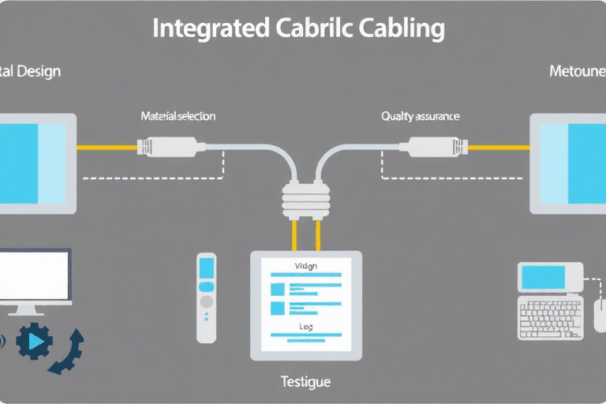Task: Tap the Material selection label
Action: point(178,116)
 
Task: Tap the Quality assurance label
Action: point(421,116)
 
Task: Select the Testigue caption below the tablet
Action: point(305,382)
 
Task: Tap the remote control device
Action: point(206,297)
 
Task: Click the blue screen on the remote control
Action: point(206,266)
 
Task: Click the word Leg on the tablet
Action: point(305,326)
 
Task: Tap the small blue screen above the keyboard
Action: point(542,277)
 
